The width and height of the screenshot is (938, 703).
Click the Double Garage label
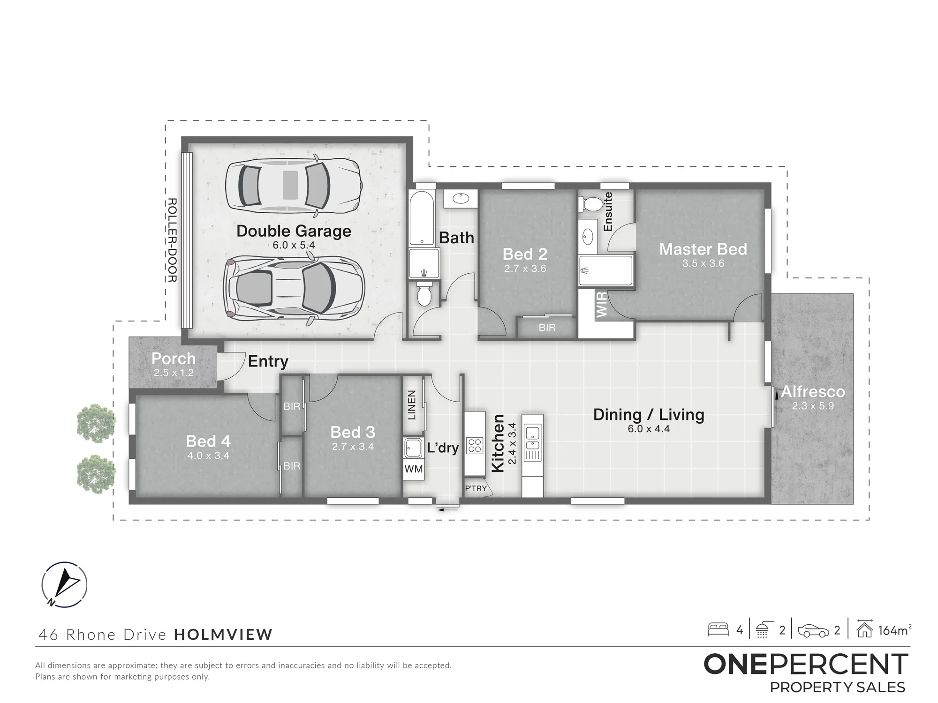294,231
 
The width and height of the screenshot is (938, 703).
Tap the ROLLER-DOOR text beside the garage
172,240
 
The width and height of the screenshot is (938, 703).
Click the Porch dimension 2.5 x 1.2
174,373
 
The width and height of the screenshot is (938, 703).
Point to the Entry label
268,361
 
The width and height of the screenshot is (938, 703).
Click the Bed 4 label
208,441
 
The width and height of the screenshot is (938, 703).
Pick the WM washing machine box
414,469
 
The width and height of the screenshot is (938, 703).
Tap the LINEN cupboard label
412,405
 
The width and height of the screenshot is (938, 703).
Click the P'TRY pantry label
476,488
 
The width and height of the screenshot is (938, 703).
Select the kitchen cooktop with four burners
475,445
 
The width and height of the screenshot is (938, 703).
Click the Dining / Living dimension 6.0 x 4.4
649,429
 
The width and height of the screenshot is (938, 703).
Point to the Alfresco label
813,391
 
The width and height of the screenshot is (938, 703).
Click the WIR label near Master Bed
602,304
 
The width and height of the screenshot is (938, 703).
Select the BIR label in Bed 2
547,328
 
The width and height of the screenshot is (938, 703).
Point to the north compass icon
64,584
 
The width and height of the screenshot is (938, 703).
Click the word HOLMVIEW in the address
223,635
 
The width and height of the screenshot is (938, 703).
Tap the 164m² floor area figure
895,630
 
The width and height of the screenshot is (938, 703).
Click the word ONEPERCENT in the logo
806,664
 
